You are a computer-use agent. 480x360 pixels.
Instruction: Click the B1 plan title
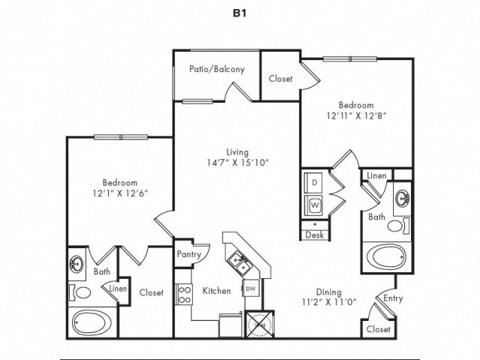(239, 13)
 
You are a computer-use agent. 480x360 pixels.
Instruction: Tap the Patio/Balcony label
(217, 69)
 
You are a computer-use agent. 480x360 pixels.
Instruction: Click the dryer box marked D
(314, 182)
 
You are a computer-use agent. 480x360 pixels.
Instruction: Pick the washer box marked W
(314, 203)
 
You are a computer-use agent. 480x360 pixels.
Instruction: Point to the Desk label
(314, 235)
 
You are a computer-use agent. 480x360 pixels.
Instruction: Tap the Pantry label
(188, 254)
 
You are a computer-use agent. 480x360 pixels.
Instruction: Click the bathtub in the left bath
(90, 323)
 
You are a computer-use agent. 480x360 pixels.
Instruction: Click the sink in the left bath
(77, 265)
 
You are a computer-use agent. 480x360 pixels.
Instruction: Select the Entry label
(393, 298)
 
